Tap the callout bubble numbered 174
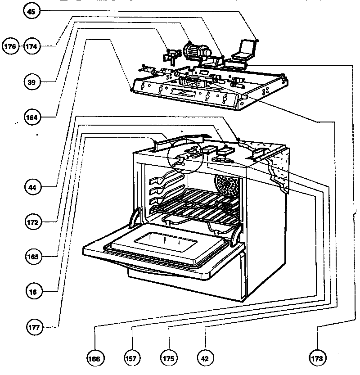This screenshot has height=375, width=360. (x=31, y=46)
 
